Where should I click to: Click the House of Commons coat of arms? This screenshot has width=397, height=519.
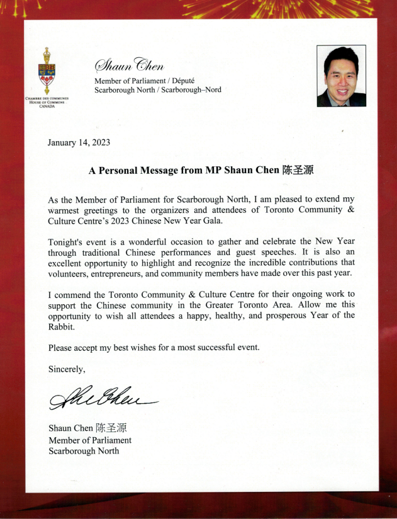coord(47,71)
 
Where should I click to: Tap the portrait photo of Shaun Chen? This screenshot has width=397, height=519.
coord(342,76)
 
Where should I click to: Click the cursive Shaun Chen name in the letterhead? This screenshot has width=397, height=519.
coord(129,65)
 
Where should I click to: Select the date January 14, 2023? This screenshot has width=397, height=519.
coord(79,142)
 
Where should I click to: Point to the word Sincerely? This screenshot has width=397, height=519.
coord(67,368)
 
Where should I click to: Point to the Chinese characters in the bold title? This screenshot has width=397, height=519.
coord(298,170)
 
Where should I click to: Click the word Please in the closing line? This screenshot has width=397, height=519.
coord(61,347)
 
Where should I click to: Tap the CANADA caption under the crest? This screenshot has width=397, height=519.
coord(47,106)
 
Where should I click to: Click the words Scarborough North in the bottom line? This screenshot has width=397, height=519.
coord(84,450)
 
